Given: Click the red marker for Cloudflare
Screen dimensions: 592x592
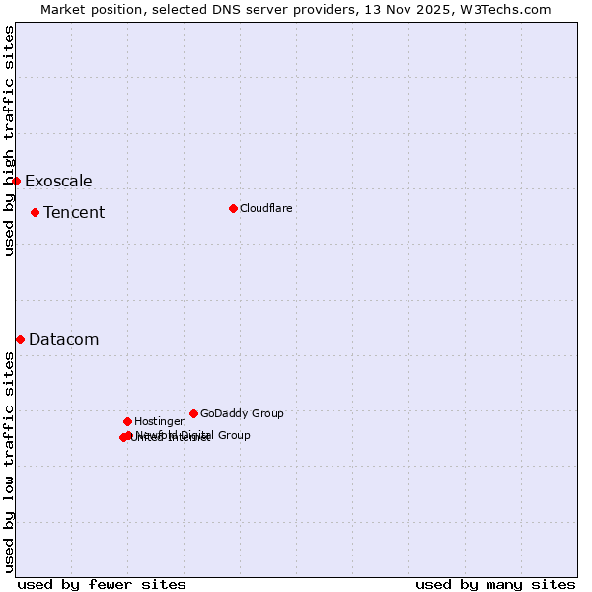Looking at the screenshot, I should pyautogui.click(x=233, y=208).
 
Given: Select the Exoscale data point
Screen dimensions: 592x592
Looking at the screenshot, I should pyautogui.click(x=16, y=181).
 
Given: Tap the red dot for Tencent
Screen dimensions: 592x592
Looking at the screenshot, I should pyautogui.click(x=35, y=212).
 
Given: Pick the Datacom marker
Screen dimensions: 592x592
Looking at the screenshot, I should pyautogui.click(x=20, y=339).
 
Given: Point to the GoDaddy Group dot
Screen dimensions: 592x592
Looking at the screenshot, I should pyautogui.click(x=193, y=413).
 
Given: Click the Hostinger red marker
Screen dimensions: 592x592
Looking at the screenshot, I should pyautogui.click(x=127, y=421).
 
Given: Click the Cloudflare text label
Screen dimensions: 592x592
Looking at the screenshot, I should pyautogui.click(x=266, y=208).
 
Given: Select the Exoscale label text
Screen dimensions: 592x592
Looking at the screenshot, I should pyautogui.click(x=58, y=181).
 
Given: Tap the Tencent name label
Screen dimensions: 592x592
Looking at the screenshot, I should pyautogui.click(x=74, y=212).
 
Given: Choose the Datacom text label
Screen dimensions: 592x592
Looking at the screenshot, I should pyautogui.click(x=64, y=339).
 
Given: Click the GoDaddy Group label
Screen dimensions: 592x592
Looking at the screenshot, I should pyautogui.click(x=242, y=413).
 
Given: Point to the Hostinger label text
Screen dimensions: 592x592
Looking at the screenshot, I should pyautogui.click(x=159, y=421).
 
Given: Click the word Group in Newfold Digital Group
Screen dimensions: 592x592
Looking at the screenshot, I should pyautogui.click(x=233, y=435).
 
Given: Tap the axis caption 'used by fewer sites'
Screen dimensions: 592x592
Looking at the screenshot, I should pyautogui.click(x=102, y=584).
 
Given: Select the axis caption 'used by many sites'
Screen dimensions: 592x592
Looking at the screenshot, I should pyautogui.click(x=495, y=584).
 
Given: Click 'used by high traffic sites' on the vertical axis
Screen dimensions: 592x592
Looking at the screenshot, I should pyautogui.click(x=9, y=140).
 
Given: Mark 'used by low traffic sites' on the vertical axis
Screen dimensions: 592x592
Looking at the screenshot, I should pyautogui.click(x=9, y=462).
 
